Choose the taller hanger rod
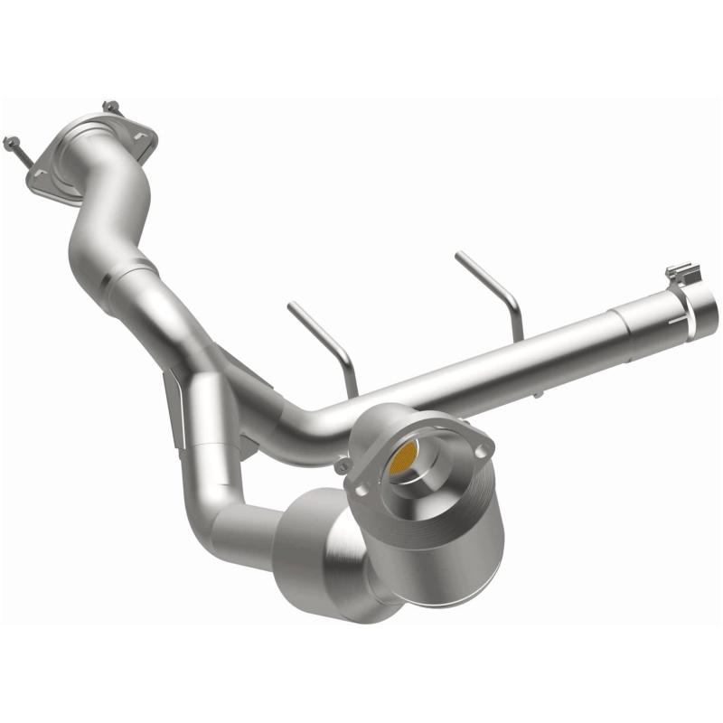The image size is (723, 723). (x=493, y=289)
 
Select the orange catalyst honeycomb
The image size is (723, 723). (x=403, y=461)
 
